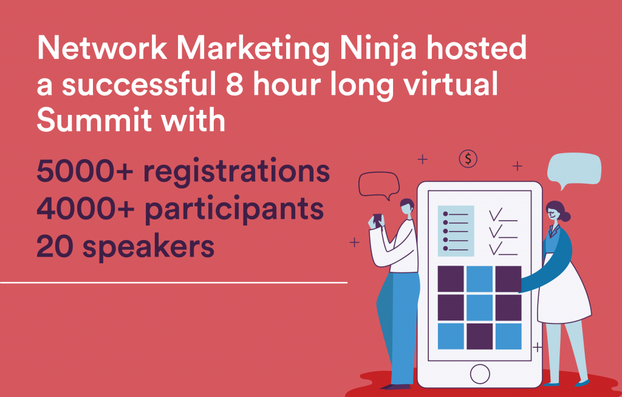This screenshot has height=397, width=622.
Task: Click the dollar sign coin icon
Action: (468, 159)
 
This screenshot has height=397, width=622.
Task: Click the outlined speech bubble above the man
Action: (378, 184)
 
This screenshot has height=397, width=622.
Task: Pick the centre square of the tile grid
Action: (480, 307)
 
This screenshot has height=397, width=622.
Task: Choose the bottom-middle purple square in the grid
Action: (480, 336)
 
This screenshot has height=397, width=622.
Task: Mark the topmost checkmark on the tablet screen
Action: (497, 214)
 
